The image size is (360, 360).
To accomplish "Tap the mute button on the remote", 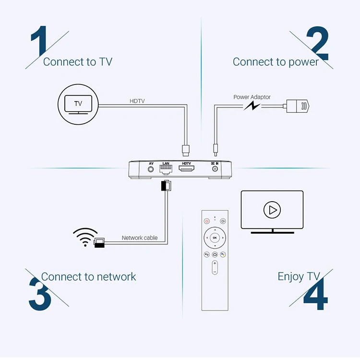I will click(x=223, y=221).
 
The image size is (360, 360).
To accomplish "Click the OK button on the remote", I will click(x=215, y=238).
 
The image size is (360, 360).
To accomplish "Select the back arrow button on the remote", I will click(x=207, y=254).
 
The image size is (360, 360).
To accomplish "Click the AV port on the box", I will click(x=151, y=169).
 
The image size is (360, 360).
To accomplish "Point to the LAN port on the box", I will click(x=166, y=169).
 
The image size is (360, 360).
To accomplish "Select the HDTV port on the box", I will click(x=185, y=169).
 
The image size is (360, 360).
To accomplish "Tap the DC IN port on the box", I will click(x=215, y=169).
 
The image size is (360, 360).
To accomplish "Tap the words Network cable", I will click(x=140, y=238).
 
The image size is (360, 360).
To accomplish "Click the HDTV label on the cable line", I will click(x=137, y=101).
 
